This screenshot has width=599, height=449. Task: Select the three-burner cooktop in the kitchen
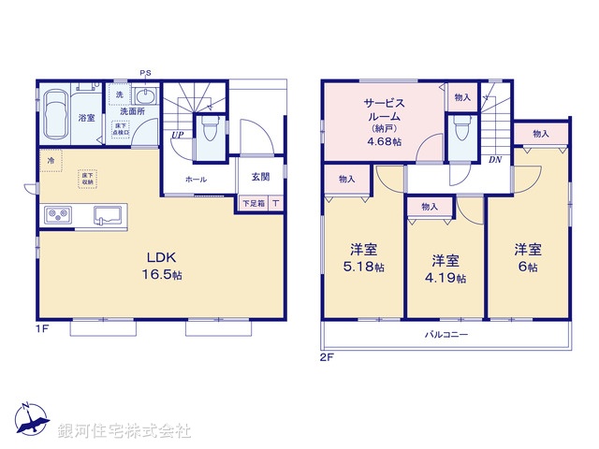click(x=58, y=216)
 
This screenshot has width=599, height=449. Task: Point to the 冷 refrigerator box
click(x=51, y=161)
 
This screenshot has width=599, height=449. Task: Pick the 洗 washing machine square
click(x=119, y=95)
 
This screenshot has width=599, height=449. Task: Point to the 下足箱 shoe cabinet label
click(x=253, y=203)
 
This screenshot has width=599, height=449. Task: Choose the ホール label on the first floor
click(x=196, y=179)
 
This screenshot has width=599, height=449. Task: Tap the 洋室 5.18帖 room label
click(x=364, y=257)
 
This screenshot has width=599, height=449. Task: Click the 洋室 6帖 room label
click(x=526, y=257)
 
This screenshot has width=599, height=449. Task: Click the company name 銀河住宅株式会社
click(x=124, y=431)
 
